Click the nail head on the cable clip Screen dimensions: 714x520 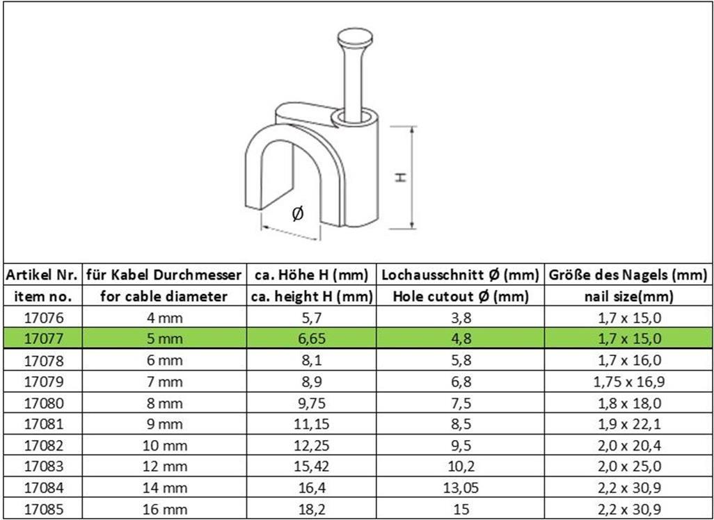355,38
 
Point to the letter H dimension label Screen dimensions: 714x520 400,177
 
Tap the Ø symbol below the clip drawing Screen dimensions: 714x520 297,213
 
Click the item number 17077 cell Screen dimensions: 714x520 44,339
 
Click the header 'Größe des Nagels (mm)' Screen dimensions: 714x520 628,275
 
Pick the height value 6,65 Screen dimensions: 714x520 312,339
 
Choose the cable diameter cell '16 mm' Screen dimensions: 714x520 165,509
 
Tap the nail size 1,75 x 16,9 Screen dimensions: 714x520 628,382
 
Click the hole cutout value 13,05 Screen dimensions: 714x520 461,488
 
